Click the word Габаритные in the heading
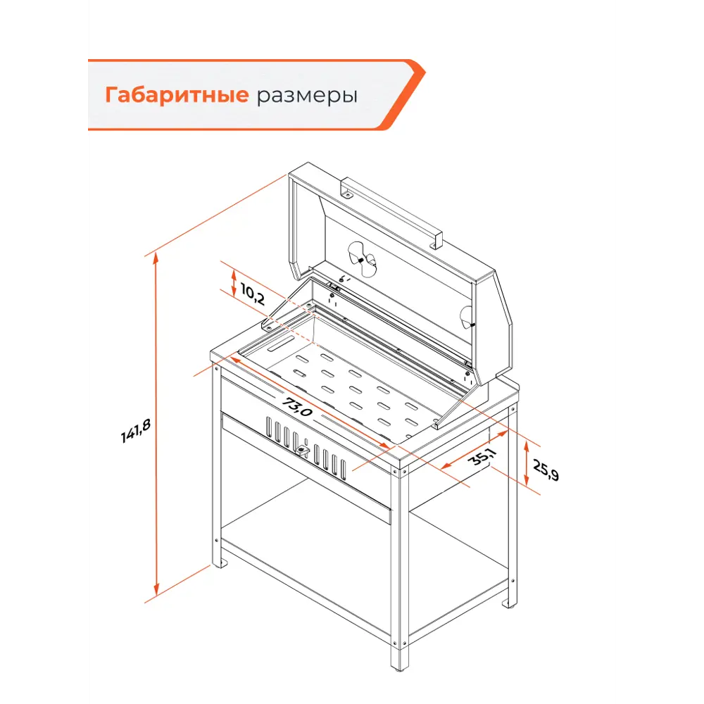[x=176, y=95]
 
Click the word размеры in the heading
[x=306, y=96]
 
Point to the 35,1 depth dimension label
[x=483, y=458]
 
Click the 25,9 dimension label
[x=546, y=470]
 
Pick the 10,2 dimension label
[x=252, y=294]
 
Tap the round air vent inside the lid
[x=363, y=260]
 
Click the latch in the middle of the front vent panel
[x=303, y=450]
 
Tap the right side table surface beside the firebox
[x=486, y=408]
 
